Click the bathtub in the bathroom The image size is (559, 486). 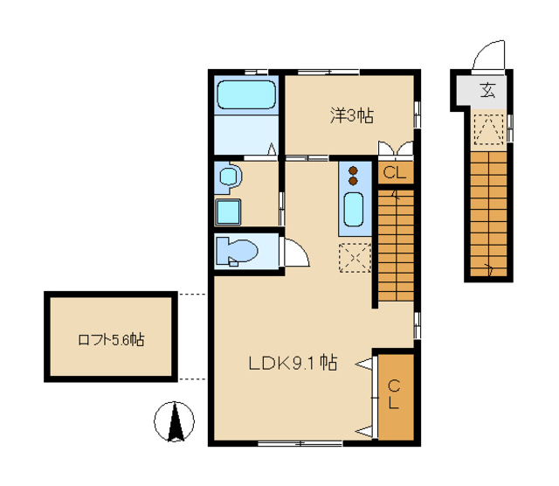coord(246,95)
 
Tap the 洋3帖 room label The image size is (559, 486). coord(352,115)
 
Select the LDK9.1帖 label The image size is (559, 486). coord(293,364)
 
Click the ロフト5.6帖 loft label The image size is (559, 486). coord(111,340)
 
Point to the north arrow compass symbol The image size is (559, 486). coord(175,422)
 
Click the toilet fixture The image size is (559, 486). coord(237,251)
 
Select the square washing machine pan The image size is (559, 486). coord(228,212)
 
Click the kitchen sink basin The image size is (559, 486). coord(353,210)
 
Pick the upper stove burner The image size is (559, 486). coord(353,170)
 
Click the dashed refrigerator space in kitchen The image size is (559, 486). coord(355,258)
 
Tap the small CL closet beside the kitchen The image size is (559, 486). coord(396,173)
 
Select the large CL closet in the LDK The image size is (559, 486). coord(396,397)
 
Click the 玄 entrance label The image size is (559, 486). coord(487,91)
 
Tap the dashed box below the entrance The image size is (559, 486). coord(488,128)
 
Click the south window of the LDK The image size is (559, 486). coord(300,443)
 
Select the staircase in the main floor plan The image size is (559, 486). coord(396,246)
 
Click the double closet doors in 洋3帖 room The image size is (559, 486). coord(396,149)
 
